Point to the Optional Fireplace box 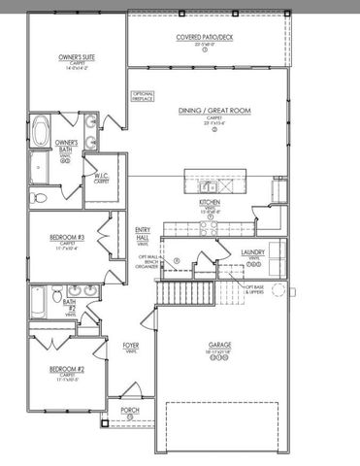pos(143,96)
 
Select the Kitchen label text pos(210,203)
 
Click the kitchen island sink pos(207,185)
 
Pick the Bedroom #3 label pos(68,239)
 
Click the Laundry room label pos(253,253)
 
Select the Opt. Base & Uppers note pos(258,288)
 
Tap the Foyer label pos(130,347)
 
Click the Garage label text pos(219,345)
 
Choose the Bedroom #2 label pos(68,373)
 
